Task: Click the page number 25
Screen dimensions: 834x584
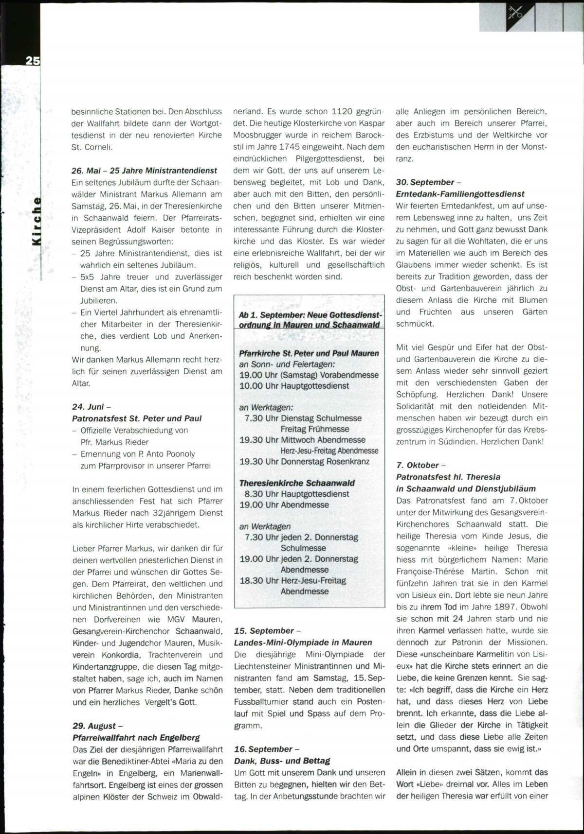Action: [x=33, y=61]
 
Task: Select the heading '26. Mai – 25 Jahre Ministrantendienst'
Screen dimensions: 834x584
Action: [x=145, y=171]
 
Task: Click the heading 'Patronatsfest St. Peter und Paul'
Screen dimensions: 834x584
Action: [x=137, y=418]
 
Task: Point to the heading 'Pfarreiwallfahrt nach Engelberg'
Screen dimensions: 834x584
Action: [x=136, y=738]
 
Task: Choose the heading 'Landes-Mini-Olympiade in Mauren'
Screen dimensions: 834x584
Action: [x=303, y=643]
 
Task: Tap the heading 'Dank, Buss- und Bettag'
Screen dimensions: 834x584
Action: [x=282, y=761]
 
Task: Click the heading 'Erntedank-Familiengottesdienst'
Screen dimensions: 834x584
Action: [x=460, y=194]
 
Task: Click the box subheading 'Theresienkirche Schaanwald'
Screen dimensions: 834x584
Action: [x=297, y=483]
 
